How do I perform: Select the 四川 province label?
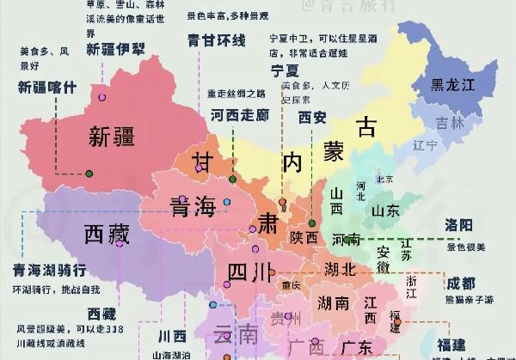250,272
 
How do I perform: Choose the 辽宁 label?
425,145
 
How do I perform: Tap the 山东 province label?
384,211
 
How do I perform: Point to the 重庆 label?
291,285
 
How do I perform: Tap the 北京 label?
384,180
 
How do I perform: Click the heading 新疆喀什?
47,86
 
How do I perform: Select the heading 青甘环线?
217,40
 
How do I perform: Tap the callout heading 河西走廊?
239,114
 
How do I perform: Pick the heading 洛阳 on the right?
459,225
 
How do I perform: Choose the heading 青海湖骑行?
49,270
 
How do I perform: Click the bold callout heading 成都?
459,283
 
